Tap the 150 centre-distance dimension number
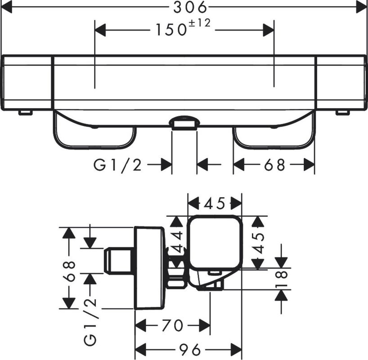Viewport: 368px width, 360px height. (171, 30)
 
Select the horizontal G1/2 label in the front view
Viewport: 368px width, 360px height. (117, 165)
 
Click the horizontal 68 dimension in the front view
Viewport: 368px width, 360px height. (274, 165)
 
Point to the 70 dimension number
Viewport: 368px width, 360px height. (172, 325)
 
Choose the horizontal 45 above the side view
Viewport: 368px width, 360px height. (215, 203)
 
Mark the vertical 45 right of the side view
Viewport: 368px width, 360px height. (258, 243)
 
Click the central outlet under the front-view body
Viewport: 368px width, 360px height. (184, 123)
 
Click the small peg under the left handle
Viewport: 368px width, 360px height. (25, 112)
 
